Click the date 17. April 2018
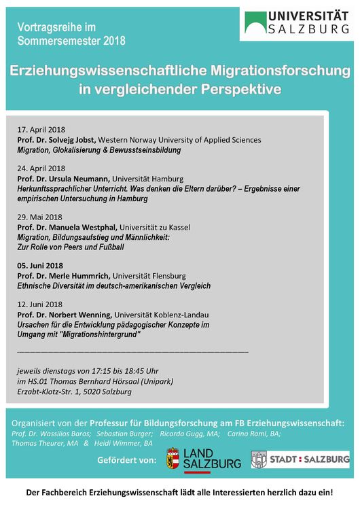point(41,130)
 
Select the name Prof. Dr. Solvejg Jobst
point(56,139)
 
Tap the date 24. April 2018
point(41,168)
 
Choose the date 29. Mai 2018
point(39,217)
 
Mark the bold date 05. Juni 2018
point(40,266)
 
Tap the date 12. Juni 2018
point(39,304)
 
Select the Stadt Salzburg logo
point(300,459)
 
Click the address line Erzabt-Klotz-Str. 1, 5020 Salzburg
point(74,391)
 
